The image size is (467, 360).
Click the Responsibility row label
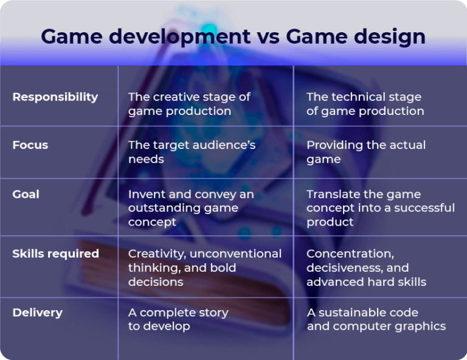[55, 97]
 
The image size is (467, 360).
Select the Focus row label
[30, 145]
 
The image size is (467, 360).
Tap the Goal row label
[26, 194]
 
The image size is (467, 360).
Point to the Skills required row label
[55, 254]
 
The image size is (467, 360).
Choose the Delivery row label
[37, 313]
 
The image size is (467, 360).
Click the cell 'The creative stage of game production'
[189, 104]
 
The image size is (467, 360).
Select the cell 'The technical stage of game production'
[365, 104]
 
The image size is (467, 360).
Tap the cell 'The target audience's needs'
[192, 152]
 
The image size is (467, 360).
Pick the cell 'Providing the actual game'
[365, 152]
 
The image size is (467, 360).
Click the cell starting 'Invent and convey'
[190, 208]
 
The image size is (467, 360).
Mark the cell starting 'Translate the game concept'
[380, 208]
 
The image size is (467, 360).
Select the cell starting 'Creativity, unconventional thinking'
[204, 268]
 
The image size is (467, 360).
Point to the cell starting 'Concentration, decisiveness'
[366, 268]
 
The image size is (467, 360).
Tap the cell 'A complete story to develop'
[178, 319]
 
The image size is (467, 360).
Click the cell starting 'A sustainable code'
[376, 319]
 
